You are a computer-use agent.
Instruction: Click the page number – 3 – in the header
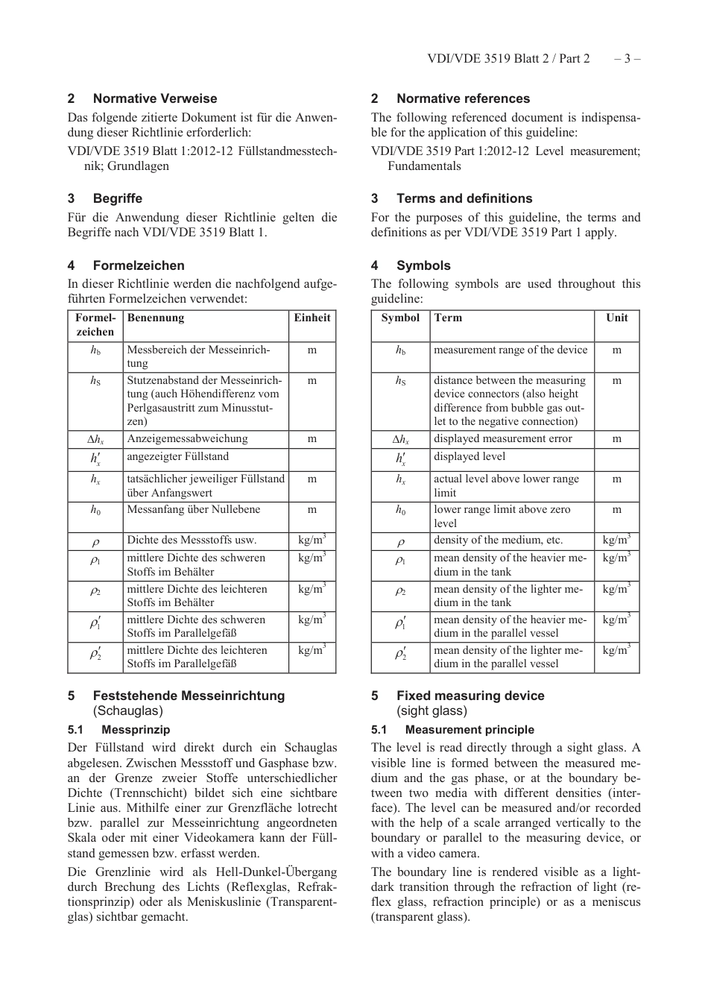coord(627,59)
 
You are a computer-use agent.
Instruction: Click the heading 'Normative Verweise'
coord(154,98)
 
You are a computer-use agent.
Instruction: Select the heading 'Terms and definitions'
coord(464,198)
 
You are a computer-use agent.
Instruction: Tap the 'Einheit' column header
coord(312,318)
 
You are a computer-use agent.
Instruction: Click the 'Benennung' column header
coord(156,318)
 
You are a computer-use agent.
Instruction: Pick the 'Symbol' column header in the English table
coord(400,318)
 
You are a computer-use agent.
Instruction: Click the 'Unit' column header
coord(616,318)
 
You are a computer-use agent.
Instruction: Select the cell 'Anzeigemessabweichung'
coord(187,439)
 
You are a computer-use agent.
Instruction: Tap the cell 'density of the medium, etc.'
coord(499,541)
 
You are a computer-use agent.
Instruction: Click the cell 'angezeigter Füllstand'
coord(177,457)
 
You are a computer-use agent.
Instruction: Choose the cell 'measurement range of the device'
coord(511,350)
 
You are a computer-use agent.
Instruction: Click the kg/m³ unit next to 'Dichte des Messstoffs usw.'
coord(312,541)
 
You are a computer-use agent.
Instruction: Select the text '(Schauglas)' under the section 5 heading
coord(127,711)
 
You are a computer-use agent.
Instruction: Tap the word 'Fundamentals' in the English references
coord(424,166)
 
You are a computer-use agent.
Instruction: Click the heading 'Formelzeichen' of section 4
coord(139,265)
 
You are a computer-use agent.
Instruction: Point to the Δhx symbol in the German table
coord(95,440)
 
